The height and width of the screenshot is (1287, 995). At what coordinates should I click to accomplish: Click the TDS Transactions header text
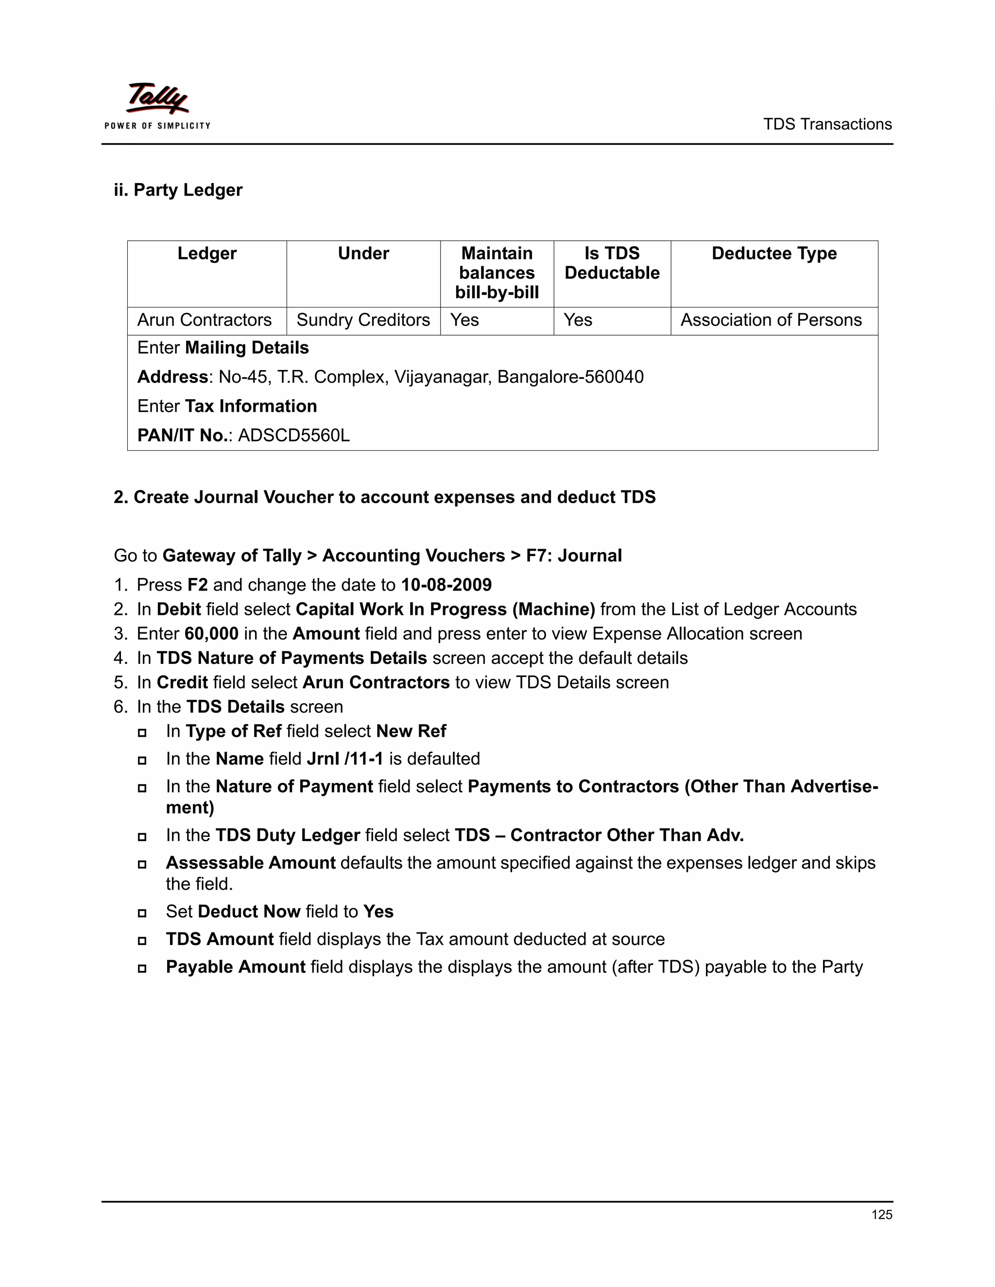[x=827, y=124]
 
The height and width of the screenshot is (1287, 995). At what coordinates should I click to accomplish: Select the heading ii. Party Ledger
[x=178, y=190]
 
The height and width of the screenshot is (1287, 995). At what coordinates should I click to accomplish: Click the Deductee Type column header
[x=773, y=254]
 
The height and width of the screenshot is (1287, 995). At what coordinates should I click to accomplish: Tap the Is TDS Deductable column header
[x=611, y=263]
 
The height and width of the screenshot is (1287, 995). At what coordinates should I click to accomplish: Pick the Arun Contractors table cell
[x=204, y=320]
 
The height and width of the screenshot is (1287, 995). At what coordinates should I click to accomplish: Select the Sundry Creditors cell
[x=363, y=320]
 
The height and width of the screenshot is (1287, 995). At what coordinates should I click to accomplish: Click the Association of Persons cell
[x=771, y=320]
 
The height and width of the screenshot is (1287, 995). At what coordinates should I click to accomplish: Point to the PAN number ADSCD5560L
[x=293, y=436]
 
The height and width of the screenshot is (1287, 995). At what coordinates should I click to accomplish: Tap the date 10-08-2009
[x=446, y=585]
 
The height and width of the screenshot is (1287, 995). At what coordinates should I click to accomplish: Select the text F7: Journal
[x=574, y=556]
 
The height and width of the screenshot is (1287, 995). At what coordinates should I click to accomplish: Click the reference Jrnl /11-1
[x=345, y=759]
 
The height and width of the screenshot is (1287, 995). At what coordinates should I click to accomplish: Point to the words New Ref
[x=411, y=731]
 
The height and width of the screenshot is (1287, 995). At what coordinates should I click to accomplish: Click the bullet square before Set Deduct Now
[x=142, y=913]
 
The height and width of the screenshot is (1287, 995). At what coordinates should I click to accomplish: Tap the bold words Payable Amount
[x=235, y=967]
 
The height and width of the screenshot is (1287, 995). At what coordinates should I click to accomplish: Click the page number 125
[x=881, y=1215]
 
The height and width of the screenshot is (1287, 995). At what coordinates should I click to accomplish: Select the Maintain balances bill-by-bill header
[x=497, y=273]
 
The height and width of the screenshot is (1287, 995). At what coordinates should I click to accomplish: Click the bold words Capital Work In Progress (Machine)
[x=445, y=610]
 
